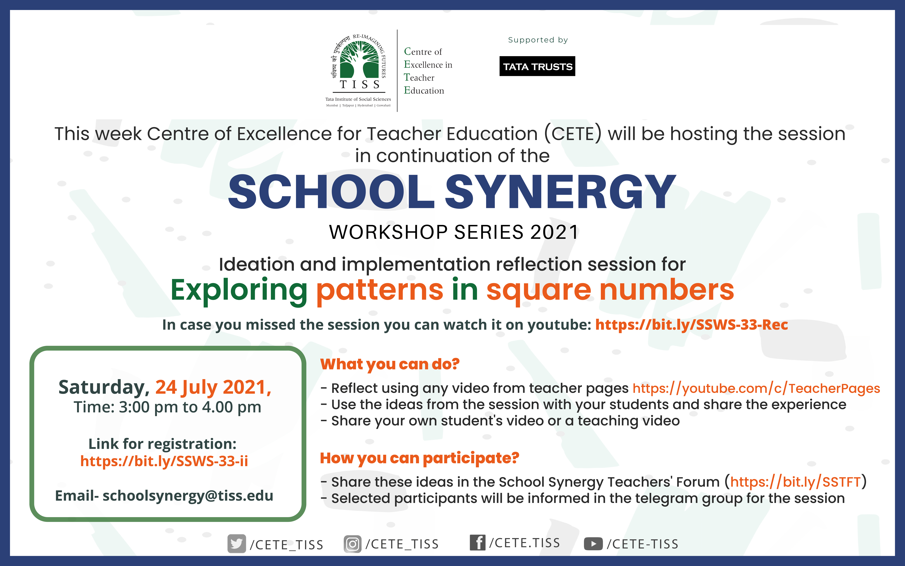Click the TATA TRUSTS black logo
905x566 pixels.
[537, 66]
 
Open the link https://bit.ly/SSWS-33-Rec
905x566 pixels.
[691, 325]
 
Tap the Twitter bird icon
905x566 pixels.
[237, 544]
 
